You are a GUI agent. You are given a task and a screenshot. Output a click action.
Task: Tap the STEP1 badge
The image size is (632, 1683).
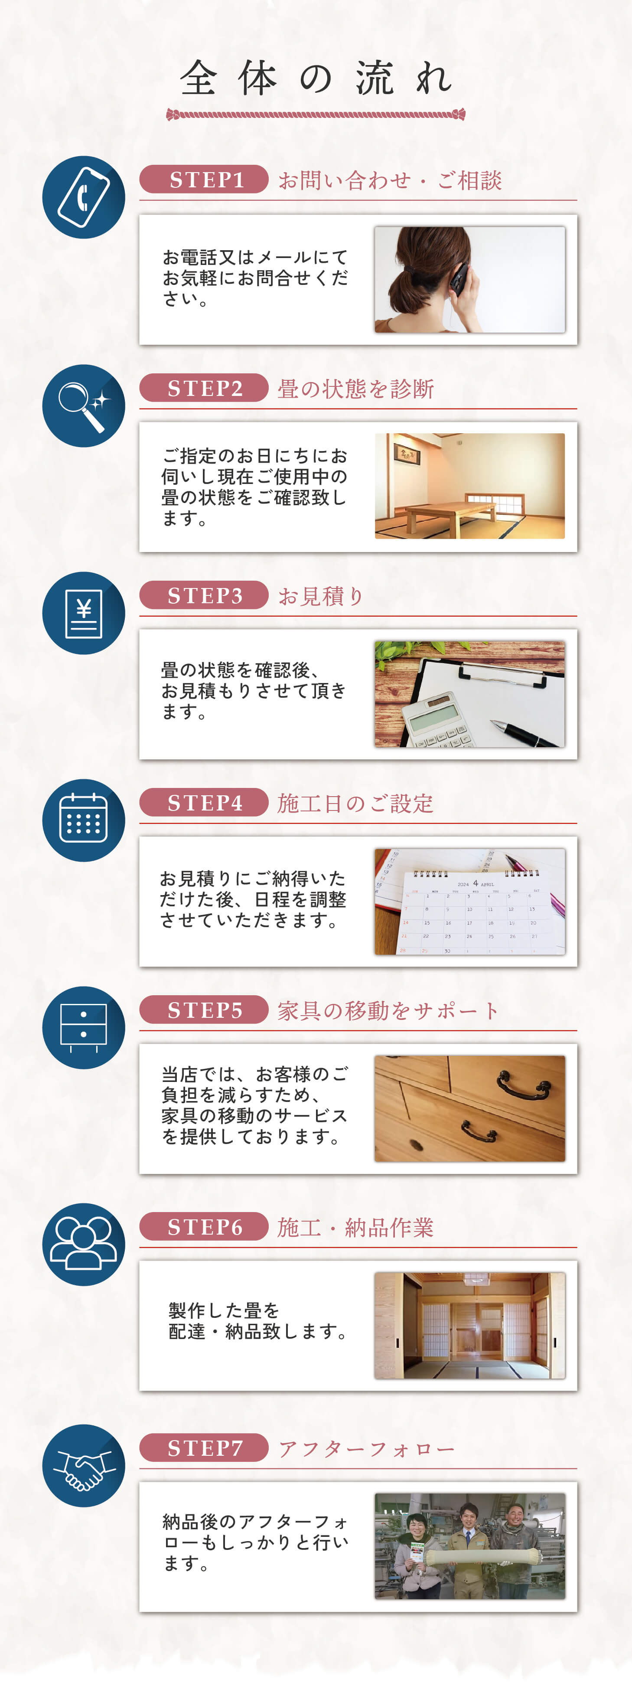(x=204, y=179)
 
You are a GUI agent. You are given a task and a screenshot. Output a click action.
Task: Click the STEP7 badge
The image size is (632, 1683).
(x=204, y=1448)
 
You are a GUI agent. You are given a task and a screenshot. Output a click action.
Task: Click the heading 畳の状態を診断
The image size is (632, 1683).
(x=356, y=389)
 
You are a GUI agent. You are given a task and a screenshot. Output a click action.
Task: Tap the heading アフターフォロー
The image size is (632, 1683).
(x=366, y=1449)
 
